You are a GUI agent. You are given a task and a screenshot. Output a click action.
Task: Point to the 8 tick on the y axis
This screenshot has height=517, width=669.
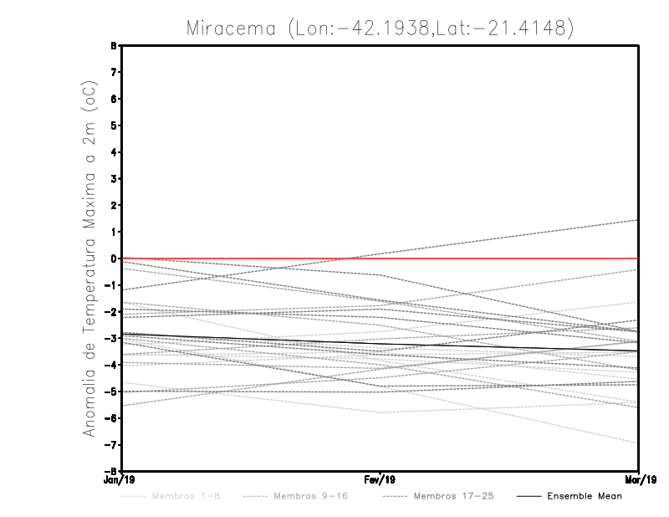[113, 46]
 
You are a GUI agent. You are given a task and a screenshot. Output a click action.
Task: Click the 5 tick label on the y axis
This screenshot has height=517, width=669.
[113, 125]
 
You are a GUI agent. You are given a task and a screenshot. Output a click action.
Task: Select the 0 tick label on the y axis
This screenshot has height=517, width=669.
[113, 258]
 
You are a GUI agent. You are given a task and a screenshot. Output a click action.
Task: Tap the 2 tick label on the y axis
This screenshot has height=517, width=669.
[113, 206]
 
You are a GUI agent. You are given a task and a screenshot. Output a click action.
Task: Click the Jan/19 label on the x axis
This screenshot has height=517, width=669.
[121, 479]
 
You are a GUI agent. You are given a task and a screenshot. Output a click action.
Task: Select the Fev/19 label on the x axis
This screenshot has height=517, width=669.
[380, 479]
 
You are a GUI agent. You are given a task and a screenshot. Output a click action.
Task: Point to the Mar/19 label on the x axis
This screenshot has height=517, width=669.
[639, 479]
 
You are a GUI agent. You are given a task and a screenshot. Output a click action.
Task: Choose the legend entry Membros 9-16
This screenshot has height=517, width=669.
[310, 496]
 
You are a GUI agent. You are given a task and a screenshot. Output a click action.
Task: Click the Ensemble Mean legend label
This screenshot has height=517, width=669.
[585, 496]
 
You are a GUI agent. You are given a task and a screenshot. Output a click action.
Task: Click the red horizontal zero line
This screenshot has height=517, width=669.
[502, 258]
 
